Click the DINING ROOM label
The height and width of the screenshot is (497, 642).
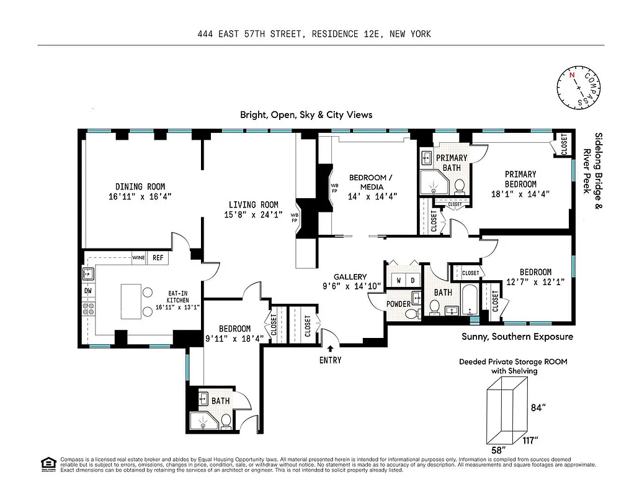[x=140, y=186]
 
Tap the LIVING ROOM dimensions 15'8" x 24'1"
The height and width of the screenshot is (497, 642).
[x=253, y=214]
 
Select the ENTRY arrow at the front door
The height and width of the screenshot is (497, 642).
[x=330, y=349]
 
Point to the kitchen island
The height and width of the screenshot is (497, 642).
[x=132, y=301]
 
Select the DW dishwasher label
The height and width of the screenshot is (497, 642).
[x=87, y=290]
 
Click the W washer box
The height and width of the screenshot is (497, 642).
[x=399, y=280]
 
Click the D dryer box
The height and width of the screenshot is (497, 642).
[x=412, y=280]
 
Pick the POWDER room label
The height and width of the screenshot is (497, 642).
[x=398, y=304]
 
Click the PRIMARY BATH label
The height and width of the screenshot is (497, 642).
[x=452, y=163]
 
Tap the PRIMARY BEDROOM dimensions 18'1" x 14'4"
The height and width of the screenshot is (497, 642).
[x=520, y=194]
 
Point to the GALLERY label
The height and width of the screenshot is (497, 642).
[x=350, y=277]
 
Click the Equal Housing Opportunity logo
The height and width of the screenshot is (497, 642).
[x=47, y=463]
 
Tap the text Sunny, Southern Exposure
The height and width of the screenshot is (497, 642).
[x=517, y=337]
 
